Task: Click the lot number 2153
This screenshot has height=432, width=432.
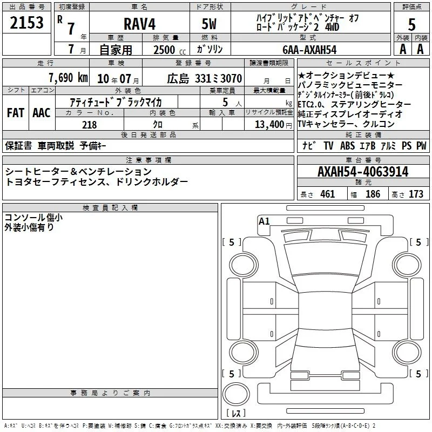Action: point(26,23)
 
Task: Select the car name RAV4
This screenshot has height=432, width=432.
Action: point(140,24)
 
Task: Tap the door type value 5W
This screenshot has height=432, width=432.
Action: point(209,24)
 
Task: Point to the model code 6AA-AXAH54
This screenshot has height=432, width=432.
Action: point(309,50)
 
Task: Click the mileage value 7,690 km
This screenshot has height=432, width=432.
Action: point(68,78)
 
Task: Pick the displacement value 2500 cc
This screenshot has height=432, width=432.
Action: point(170,50)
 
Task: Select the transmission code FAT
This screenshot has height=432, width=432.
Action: point(16,112)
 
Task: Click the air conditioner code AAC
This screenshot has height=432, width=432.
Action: point(42,112)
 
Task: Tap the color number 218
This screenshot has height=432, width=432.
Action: point(89,125)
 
